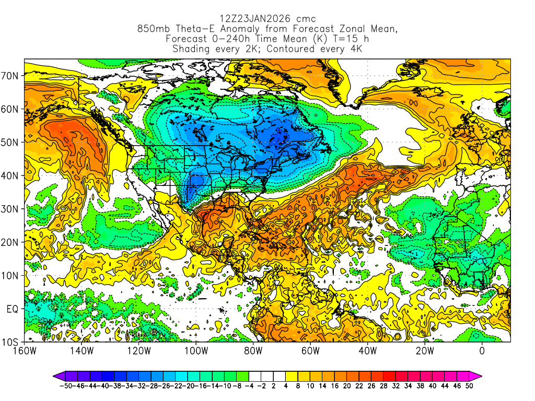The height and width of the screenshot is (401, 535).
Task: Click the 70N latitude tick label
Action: click(x=11, y=76)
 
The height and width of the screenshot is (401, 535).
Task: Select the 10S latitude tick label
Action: click(x=11, y=343)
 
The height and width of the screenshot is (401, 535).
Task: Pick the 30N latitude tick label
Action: click(x=11, y=209)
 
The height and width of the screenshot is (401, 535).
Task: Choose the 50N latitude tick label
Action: click(x=11, y=143)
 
